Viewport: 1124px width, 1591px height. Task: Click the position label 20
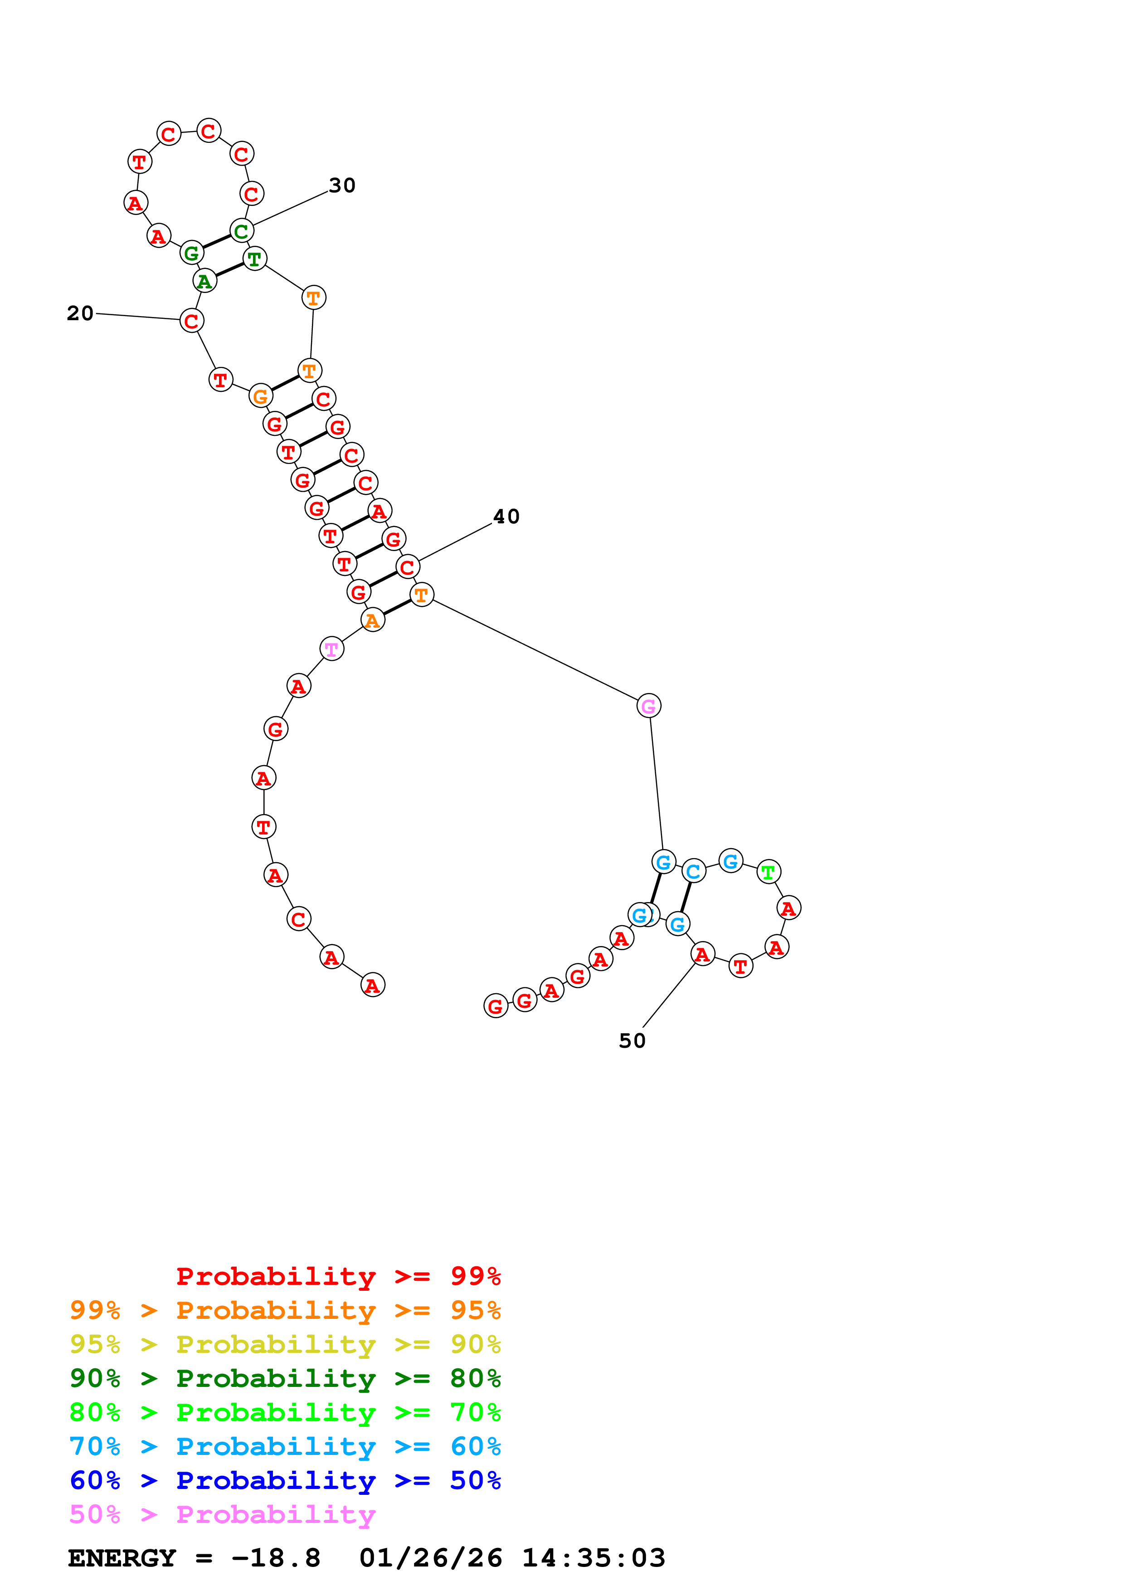click(x=80, y=313)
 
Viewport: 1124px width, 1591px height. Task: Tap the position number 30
click(x=342, y=185)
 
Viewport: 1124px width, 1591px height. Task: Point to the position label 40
click(x=506, y=517)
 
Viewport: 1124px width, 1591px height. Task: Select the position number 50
click(x=632, y=1041)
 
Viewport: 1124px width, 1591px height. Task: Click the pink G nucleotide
click(x=648, y=706)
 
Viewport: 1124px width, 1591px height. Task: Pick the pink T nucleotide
click(x=332, y=649)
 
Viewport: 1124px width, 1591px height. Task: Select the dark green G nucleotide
click(x=192, y=253)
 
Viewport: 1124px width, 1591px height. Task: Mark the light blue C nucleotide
click(x=693, y=871)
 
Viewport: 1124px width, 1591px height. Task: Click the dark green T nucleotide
click(x=255, y=259)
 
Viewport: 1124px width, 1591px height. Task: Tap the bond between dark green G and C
click(x=216, y=242)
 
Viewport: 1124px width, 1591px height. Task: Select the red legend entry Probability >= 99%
click(x=338, y=1276)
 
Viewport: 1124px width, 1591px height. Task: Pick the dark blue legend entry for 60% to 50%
click(x=285, y=1480)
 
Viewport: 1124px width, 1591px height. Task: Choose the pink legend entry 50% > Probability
click(x=222, y=1514)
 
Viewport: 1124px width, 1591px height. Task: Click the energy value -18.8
click(x=276, y=1558)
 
